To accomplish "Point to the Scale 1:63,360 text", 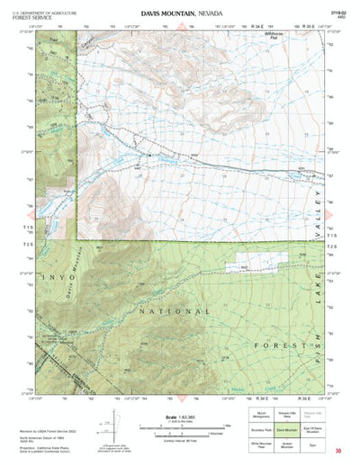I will (x=184, y=416).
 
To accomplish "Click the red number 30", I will (x=337, y=450).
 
